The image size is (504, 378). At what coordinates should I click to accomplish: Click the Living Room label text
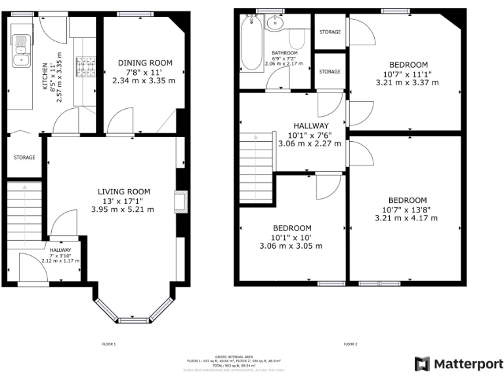pos(123,191)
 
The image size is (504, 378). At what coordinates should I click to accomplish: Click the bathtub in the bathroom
pos(251,45)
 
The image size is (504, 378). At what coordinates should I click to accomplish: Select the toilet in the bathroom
pos(297,41)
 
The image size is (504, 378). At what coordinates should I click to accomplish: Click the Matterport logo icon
pos(422,363)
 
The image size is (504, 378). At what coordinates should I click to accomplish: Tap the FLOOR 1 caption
pos(109,344)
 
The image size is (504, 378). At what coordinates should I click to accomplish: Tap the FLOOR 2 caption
pos(350,344)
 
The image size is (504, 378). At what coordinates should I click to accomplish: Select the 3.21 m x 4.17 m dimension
pos(407,219)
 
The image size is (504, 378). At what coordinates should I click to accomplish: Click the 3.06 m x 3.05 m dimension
pos(291,246)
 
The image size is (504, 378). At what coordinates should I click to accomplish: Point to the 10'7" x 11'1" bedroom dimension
pos(407,74)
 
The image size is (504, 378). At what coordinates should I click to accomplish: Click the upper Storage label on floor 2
pos(329,32)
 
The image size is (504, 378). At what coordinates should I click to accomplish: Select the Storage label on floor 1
pos(24,157)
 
